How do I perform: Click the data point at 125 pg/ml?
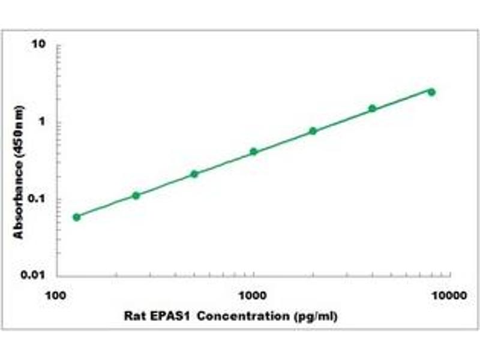(x=76, y=217)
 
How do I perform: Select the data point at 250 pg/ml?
(x=136, y=196)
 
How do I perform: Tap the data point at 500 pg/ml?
(x=194, y=174)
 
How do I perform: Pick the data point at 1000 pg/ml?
(x=253, y=152)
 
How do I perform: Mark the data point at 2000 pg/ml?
(x=313, y=131)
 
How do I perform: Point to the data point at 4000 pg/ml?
(x=372, y=109)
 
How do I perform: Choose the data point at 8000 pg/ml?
(x=431, y=92)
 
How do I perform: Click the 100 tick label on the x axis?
(x=56, y=295)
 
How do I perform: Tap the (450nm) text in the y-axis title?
(x=20, y=129)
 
